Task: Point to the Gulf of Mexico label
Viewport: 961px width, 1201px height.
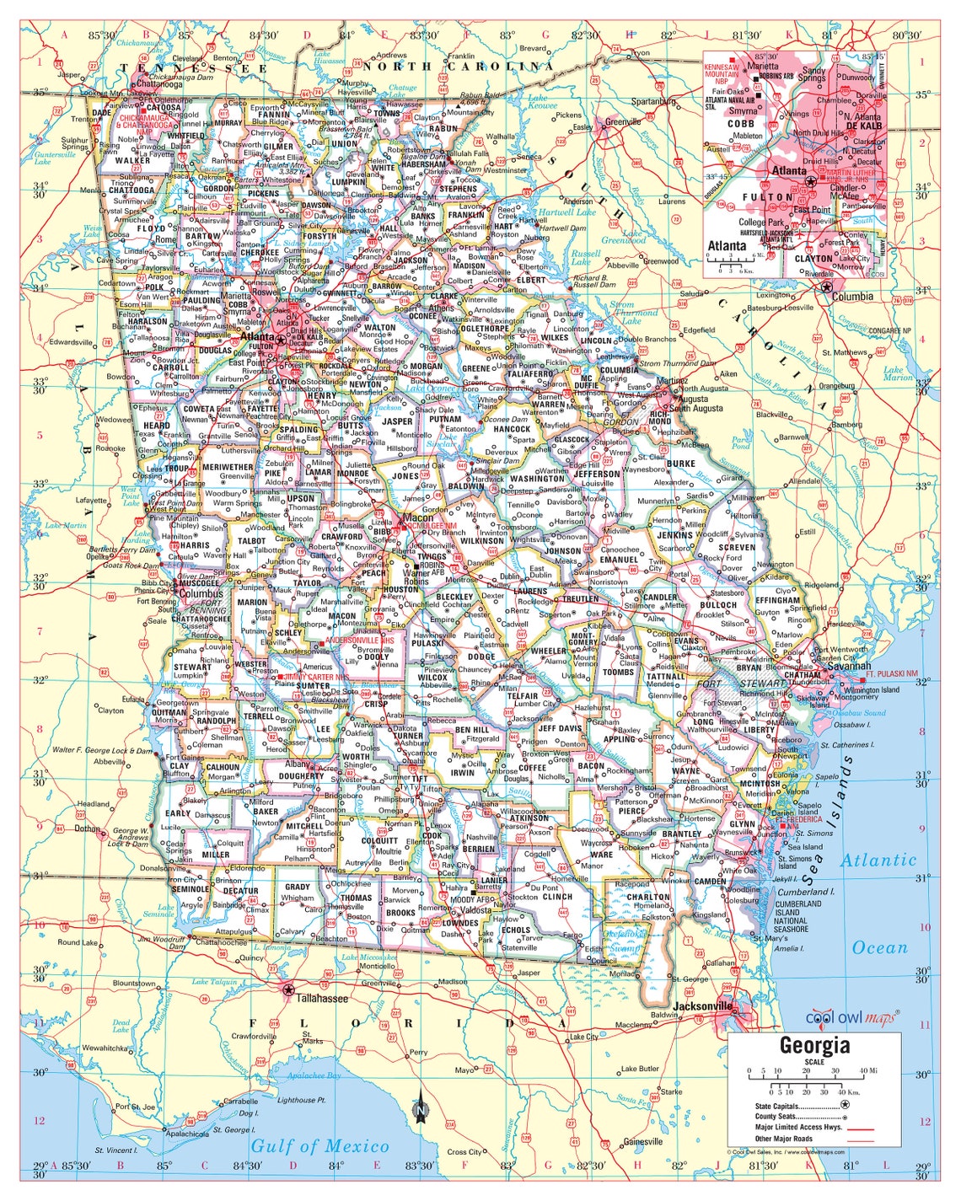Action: point(319,1146)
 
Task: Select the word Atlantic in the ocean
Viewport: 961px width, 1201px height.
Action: point(878,861)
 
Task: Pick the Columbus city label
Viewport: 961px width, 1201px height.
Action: point(201,593)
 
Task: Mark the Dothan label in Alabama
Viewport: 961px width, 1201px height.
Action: point(87,828)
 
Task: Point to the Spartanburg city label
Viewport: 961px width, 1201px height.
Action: point(653,101)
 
